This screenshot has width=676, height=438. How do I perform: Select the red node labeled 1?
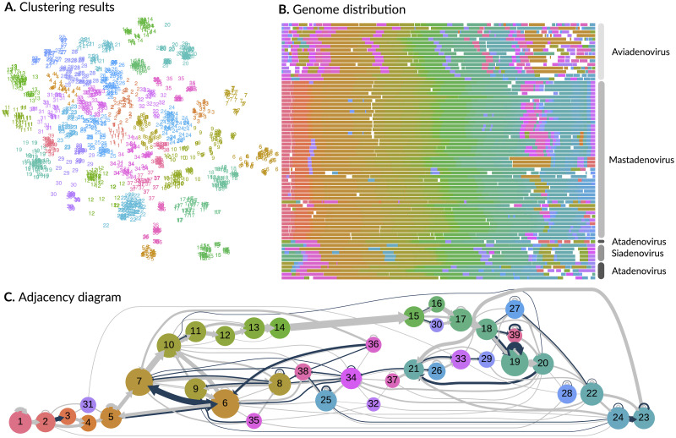pyautogui.click(x=19, y=420)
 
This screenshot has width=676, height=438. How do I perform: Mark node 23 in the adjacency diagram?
pyautogui.click(x=645, y=416)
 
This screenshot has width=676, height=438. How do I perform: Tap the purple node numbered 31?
pyautogui.click(x=85, y=402)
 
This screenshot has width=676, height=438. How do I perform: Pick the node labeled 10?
pyautogui.click(x=169, y=345)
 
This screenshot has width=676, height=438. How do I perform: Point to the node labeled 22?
pyautogui.click(x=592, y=392)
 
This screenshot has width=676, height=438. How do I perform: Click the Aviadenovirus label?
pyautogui.click(x=641, y=52)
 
